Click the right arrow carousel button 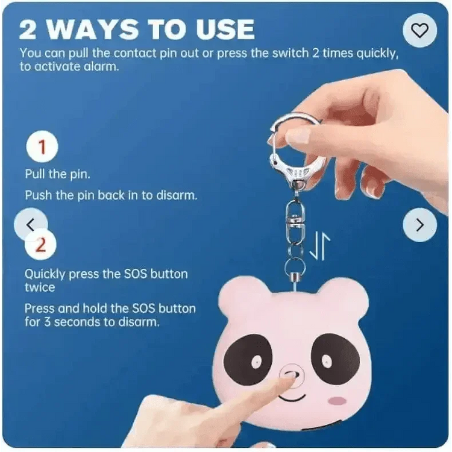pyautogui.click(x=419, y=224)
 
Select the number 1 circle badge pyautogui.click(x=42, y=146)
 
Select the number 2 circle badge pyautogui.click(x=41, y=245)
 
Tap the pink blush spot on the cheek pyautogui.click(x=337, y=400)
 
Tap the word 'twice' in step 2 pyautogui.click(x=40, y=287)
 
